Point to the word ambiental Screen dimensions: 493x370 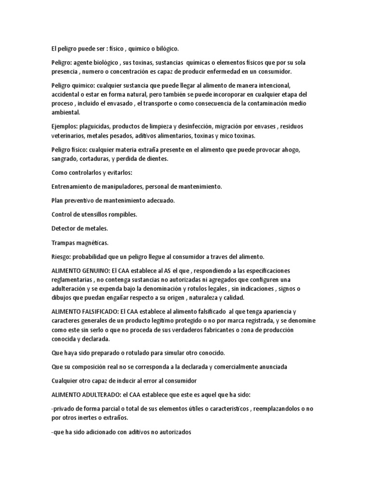[x=66, y=112]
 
